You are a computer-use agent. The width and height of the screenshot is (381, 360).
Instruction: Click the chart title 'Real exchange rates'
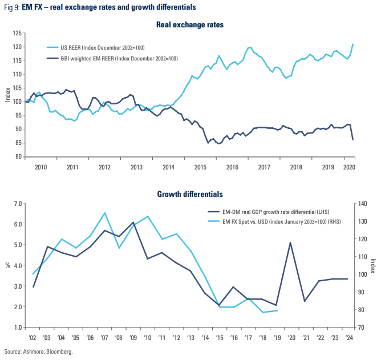coord(190,25)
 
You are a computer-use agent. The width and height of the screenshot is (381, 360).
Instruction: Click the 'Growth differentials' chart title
coord(190,195)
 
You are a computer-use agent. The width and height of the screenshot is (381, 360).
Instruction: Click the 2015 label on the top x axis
coord(200,167)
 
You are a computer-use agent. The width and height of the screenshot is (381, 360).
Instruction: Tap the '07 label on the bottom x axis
coord(104,337)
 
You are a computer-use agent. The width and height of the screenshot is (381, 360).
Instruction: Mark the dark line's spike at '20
coord(290,242)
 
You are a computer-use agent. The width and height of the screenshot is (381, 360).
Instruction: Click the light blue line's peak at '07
coord(105,213)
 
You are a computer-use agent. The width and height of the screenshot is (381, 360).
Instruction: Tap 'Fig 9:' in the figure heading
coord(12,7)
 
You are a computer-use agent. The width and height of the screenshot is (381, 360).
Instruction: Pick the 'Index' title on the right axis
coord(374,266)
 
